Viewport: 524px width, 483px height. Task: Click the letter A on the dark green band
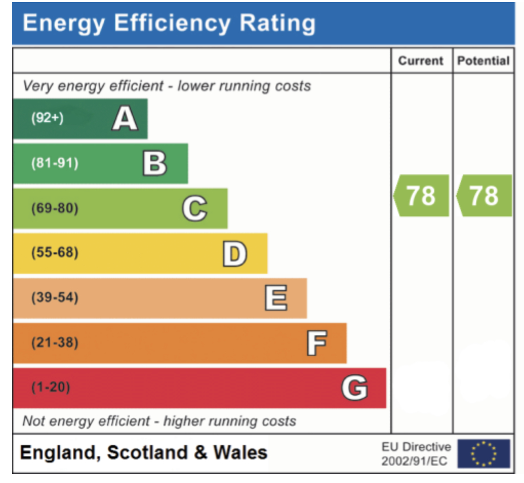pos(125,118)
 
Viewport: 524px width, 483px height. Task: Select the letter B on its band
pos(154,164)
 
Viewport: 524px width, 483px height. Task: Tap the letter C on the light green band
pos(194,209)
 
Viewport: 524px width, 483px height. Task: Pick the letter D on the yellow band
pos(235,253)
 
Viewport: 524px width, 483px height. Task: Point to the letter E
pos(275,298)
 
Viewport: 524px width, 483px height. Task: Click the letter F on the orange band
pos(316,343)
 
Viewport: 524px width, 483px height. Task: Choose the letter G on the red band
pos(354,388)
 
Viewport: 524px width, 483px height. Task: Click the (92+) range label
pos(47,118)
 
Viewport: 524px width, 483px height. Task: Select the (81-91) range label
pos(55,164)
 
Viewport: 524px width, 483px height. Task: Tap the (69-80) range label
pos(55,209)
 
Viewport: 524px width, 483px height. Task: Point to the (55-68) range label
pos(55,253)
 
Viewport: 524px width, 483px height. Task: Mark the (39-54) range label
pos(55,298)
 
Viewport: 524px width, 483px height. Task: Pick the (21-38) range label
pos(55,343)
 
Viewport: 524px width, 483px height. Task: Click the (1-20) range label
pos(51,388)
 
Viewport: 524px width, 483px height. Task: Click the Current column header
pos(421,61)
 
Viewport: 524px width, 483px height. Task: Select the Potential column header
pos(483,61)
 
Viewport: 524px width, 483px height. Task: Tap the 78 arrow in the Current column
pos(421,195)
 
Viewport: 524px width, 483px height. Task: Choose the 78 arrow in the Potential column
pos(484,195)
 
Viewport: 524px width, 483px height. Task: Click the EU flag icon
pos(483,453)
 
